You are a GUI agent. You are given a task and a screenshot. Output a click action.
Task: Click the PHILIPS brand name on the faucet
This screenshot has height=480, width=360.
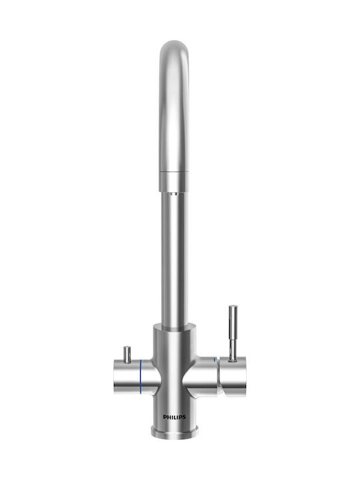coord(174,417)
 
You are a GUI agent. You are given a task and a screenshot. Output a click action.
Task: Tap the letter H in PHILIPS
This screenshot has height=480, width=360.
coord(169,417)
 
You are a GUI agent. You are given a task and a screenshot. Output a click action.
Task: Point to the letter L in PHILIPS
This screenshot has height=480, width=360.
coord(176,417)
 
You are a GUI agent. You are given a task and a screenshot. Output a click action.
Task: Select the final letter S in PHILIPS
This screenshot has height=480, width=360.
coord(184,417)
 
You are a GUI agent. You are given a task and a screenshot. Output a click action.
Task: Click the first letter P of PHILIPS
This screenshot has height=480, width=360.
coord(165,417)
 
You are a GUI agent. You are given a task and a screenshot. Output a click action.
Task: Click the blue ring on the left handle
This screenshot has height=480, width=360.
coord(141,377)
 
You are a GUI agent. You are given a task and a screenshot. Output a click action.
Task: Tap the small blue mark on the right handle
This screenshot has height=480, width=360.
coord(215,360)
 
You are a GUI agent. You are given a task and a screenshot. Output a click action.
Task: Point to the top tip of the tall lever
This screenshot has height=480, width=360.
coord(233,305)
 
